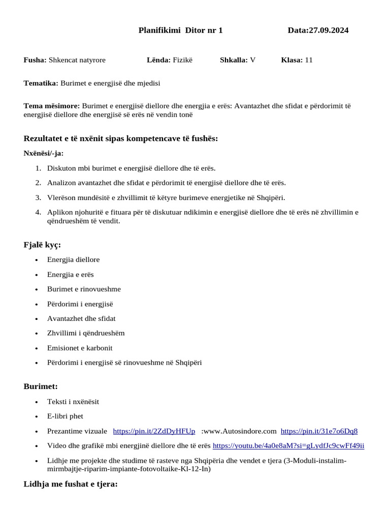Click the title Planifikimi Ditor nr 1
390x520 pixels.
180,30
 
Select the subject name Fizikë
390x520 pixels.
183,60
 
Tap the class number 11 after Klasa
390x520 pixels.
309,60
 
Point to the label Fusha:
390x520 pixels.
35,60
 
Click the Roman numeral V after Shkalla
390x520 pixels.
252,60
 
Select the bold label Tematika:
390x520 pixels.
41,83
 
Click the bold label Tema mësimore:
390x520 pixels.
52,106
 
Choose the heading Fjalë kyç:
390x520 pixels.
42,245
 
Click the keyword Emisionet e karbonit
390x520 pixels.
80,348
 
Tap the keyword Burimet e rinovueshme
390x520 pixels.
84,289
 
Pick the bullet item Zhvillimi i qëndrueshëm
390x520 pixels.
86,334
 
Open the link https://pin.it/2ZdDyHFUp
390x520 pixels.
154,431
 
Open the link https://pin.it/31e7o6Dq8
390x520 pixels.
319,431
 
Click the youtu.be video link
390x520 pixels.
288,446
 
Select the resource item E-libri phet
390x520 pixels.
65,416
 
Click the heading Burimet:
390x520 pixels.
41,386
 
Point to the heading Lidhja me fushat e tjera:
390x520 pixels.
71,484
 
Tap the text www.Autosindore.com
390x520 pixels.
239,431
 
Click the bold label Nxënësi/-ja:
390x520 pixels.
44,153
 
